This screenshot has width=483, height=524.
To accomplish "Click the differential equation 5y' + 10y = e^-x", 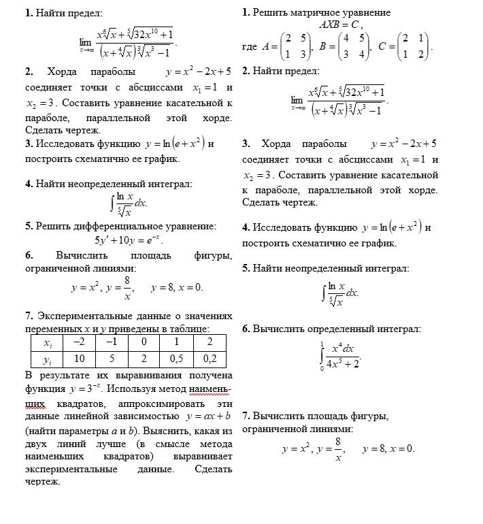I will click(x=129, y=240).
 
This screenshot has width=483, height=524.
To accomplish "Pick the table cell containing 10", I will click(x=80, y=359).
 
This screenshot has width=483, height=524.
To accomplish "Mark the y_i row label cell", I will click(x=48, y=359).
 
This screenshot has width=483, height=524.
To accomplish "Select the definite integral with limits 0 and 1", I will click(x=340, y=355).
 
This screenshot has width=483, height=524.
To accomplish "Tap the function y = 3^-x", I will click(x=87, y=389).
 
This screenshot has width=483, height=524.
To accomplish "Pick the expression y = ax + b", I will click(x=209, y=416).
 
